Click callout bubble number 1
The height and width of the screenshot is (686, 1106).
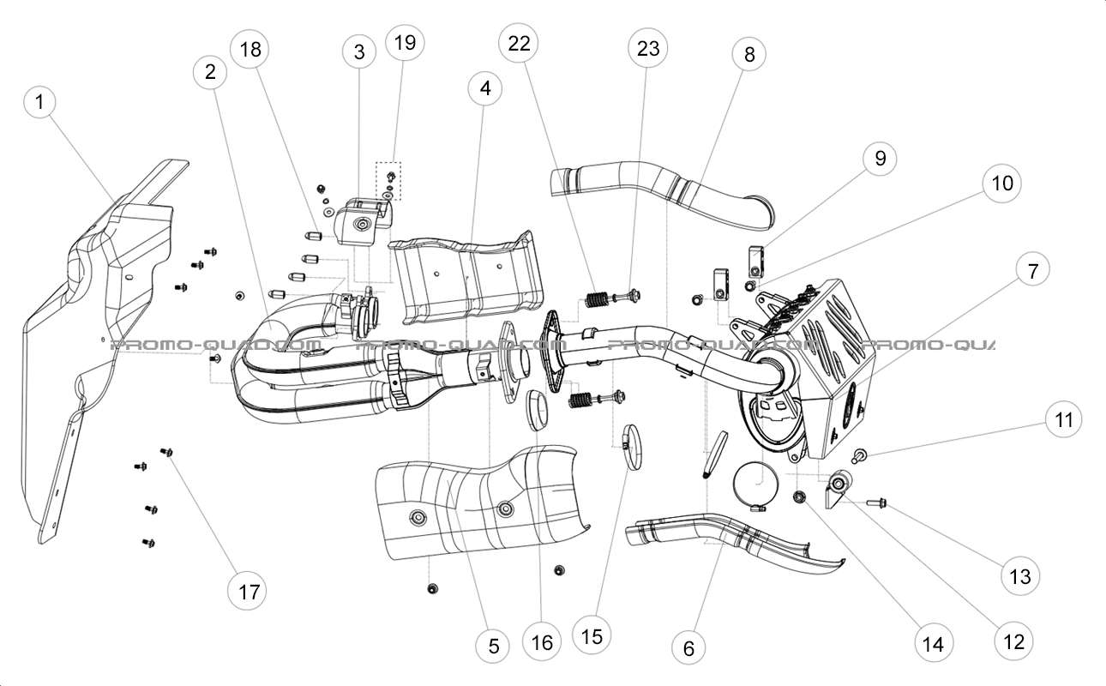point(39,102)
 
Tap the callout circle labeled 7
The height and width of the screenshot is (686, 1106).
point(1032,272)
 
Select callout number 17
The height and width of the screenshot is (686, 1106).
point(248,591)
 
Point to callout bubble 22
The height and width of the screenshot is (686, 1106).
point(520,46)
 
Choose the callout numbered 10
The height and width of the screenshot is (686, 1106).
point(1002,183)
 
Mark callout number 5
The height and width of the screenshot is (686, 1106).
point(493,646)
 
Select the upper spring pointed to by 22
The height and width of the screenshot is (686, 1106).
point(596,301)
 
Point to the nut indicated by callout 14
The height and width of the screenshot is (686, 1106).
point(801,497)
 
